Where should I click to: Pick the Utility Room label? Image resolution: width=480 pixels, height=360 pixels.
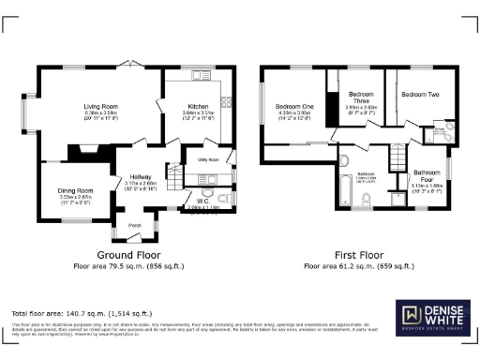[x=208, y=160]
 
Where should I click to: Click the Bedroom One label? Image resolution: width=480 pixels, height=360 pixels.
[x=292, y=107]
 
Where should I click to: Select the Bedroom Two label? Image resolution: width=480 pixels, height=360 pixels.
[x=420, y=95]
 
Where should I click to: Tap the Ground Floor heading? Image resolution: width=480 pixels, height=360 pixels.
[x=128, y=255]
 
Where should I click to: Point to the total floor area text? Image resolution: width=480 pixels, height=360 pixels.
[x=81, y=312]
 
